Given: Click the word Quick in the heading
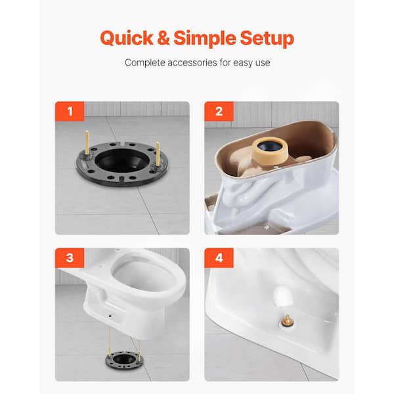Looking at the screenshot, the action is click(x=127, y=39).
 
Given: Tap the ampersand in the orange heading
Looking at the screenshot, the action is click(x=163, y=37).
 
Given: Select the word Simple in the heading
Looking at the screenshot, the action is click(x=204, y=38).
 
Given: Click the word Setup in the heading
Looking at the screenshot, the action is click(x=267, y=39).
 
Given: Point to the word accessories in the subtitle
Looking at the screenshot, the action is click(x=192, y=62).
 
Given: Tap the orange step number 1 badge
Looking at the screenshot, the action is click(x=70, y=112).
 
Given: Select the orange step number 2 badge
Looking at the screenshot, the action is click(x=219, y=112).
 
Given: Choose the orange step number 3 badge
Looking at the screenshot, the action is click(x=70, y=258).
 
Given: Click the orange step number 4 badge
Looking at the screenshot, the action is click(x=219, y=258).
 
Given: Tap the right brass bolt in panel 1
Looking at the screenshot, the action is click(x=158, y=154).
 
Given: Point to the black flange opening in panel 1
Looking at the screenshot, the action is click(x=122, y=160).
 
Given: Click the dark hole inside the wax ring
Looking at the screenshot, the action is click(x=270, y=146).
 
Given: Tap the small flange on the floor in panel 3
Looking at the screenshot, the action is click(x=124, y=361).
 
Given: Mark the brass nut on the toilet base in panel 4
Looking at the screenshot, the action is click(x=287, y=321).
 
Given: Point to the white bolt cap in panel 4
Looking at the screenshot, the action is click(x=282, y=296).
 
